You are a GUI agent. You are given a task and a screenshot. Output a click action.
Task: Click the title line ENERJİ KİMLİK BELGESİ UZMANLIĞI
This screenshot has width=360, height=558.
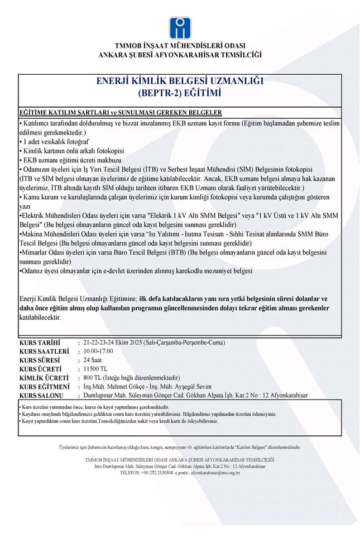180,80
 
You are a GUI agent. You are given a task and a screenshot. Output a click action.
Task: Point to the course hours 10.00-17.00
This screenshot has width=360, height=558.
98,351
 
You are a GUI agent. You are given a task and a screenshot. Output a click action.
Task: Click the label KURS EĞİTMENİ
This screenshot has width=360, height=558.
44,387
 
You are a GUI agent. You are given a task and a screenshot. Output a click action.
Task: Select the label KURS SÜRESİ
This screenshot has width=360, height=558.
40,360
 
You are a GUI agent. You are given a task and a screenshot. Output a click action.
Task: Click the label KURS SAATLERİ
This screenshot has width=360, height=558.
44,351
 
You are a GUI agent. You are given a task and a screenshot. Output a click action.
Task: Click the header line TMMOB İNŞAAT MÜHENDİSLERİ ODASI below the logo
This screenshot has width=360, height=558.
180,46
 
